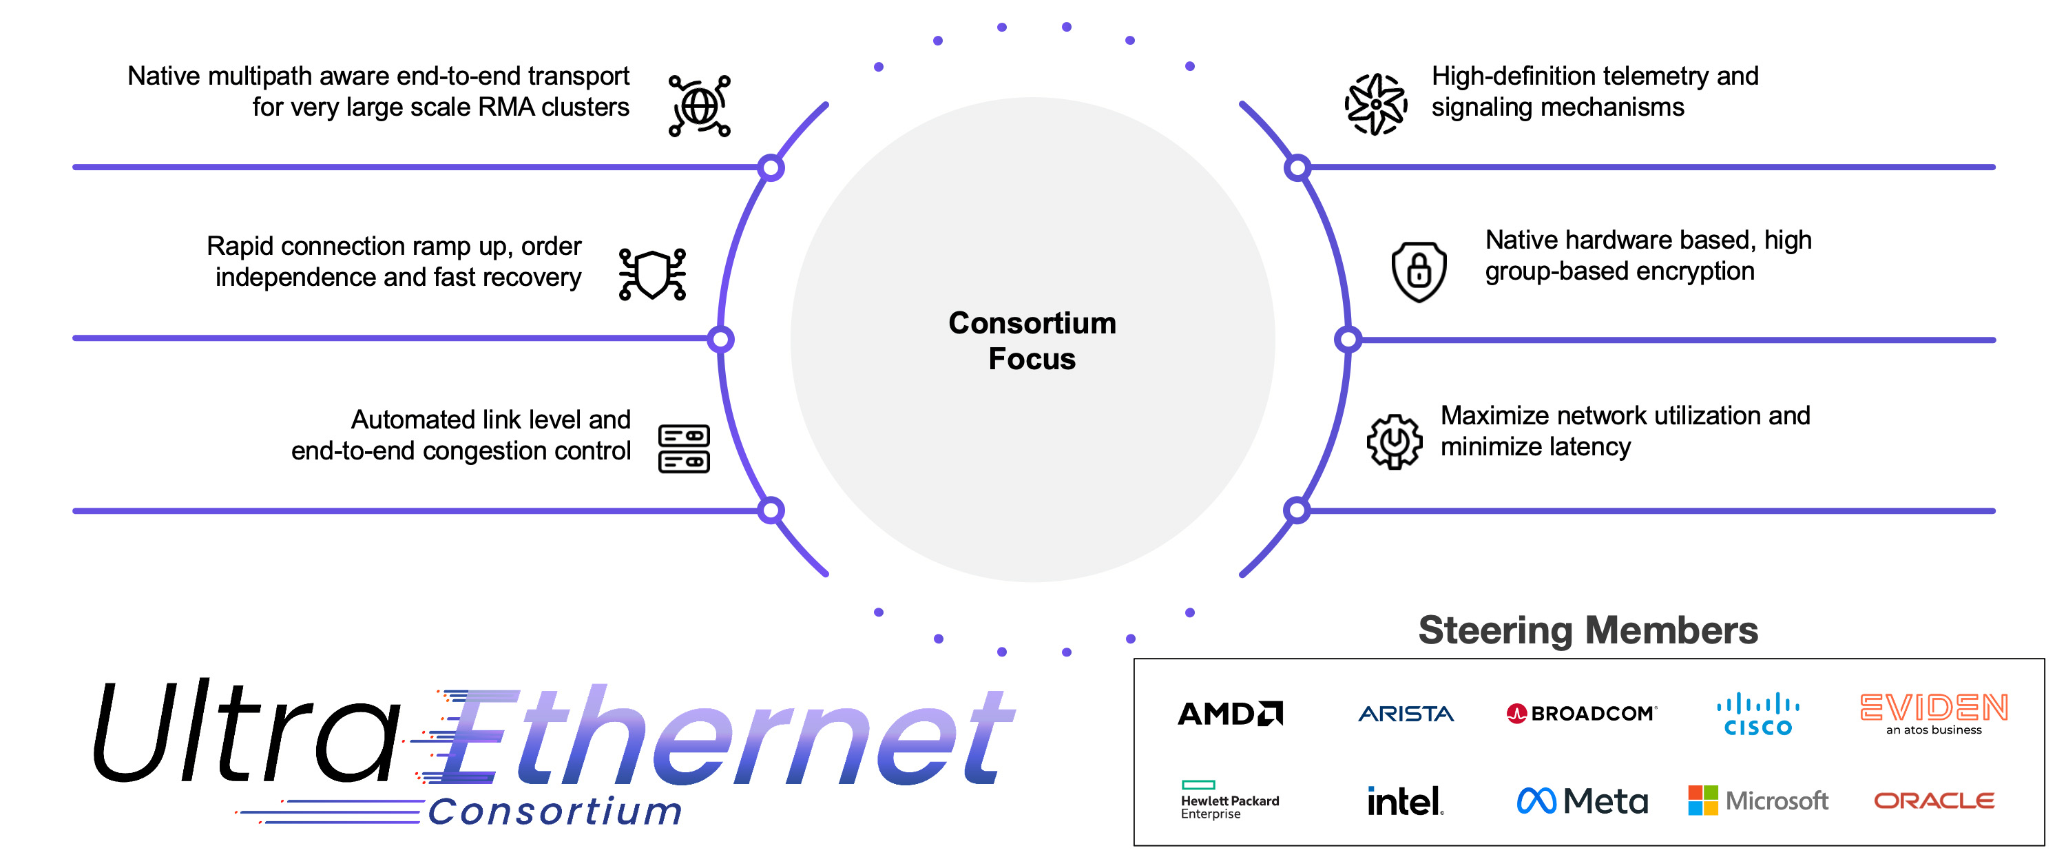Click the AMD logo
point(1229,713)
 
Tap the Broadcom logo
point(1580,713)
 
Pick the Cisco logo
point(1757,714)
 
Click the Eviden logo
point(1934,712)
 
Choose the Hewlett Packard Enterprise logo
point(1229,800)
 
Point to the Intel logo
point(1405,800)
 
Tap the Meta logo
point(1582,800)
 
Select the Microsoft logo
point(1758,800)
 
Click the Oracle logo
point(1934,800)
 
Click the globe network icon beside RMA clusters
point(700,106)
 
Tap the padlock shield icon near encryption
point(1419,271)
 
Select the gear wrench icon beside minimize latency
point(1395,441)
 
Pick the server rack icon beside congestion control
point(683,448)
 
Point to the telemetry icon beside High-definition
point(1375,104)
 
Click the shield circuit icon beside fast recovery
point(652,274)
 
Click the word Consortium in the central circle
point(1032,323)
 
